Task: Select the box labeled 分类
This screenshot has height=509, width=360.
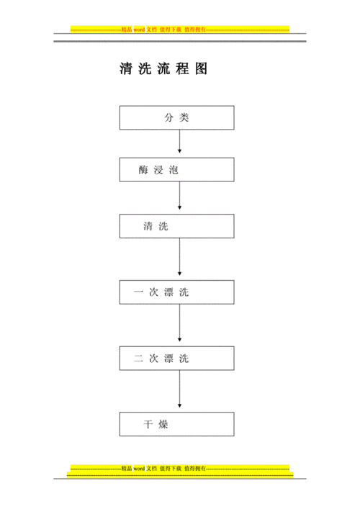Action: point(176,117)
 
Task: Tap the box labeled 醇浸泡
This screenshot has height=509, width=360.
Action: point(176,170)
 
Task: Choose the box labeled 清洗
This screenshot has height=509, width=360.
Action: point(176,225)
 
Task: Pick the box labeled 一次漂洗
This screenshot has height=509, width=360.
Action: point(176,292)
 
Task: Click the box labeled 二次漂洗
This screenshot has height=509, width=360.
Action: point(176,358)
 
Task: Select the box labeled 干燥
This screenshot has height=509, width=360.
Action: point(176,424)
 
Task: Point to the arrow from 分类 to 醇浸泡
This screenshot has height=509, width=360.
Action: point(179,143)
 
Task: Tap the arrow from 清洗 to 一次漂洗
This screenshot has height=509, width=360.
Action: point(179,258)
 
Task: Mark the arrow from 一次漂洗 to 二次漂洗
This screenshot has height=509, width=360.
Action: point(179,324)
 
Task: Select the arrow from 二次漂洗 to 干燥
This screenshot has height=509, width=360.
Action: point(179,391)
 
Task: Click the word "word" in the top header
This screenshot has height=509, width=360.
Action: point(139,30)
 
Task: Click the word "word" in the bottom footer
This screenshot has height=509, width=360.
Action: point(139,468)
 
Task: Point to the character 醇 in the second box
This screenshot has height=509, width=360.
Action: point(145,171)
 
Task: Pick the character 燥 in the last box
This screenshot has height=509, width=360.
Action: point(163,425)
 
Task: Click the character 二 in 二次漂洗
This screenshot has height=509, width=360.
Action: point(138,359)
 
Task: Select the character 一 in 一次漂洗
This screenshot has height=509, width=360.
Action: point(138,293)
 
